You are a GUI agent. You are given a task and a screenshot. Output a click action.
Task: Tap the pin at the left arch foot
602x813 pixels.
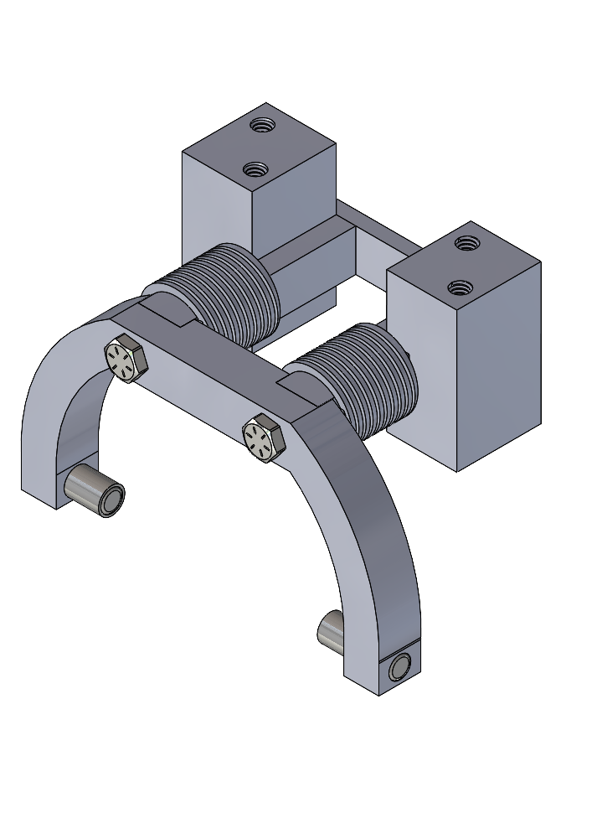click(x=97, y=491)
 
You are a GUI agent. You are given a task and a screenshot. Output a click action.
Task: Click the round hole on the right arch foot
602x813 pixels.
click(x=400, y=667)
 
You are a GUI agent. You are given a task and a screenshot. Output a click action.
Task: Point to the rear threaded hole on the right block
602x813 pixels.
click(x=466, y=244)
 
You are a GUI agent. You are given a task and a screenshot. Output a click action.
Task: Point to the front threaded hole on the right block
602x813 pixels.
click(x=457, y=287)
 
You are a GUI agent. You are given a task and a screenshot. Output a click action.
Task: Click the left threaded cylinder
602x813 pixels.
click(x=234, y=298)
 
